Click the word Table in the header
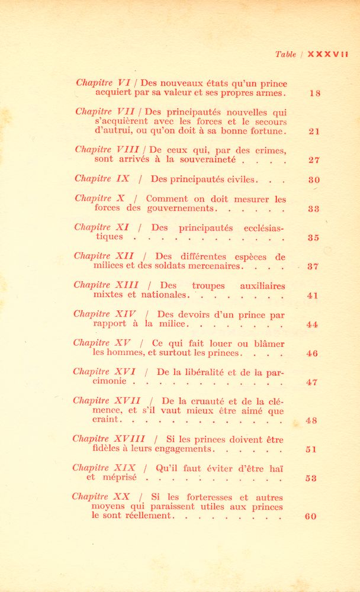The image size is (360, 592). point(285,54)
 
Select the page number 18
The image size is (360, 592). point(314,93)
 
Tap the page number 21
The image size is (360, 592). point(314,131)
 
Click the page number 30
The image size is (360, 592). point(314,180)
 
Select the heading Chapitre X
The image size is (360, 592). point(99,198)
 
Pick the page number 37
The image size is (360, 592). point(313,266)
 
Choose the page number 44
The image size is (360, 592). point(313,324)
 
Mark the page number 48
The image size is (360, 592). point(312,421)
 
